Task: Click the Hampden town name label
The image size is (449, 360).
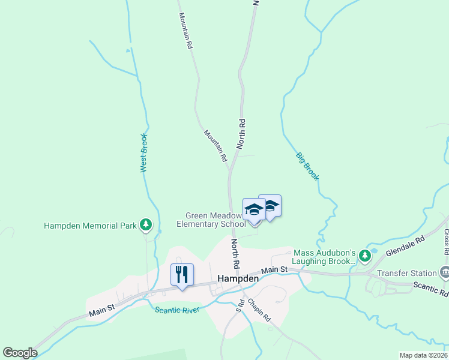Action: (x=238, y=278)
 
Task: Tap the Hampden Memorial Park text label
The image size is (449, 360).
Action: (x=90, y=226)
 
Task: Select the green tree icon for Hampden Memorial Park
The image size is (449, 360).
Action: (x=145, y=225)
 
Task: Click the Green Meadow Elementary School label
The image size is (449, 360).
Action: (x=211, y=220)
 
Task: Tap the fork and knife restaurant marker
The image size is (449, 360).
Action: (x=182, y=275)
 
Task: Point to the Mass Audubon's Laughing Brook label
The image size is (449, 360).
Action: (x=325, y=257)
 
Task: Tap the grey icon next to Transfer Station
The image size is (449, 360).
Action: (x=444, y=273)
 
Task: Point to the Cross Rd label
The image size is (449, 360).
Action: (x=446, y=241)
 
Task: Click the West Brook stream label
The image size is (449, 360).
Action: (x=143, y=153)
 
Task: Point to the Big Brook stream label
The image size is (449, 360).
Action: (x=307, y=166)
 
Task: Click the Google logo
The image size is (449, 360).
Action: (x=20, y=353)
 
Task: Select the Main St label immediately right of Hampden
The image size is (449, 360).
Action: (x=275, y=271)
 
